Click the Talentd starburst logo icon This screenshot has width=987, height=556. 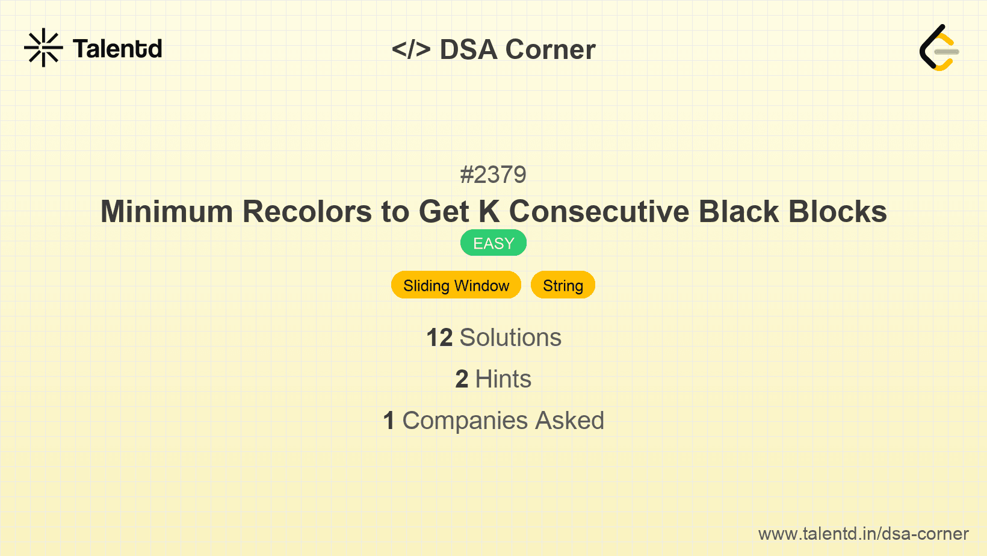(x=43, y=48)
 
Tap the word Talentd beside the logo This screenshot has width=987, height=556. (x=117, y=49)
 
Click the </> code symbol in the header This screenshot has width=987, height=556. (x=411, y=49)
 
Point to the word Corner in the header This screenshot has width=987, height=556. (x=551, y=49)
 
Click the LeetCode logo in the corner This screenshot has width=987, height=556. (x=939, y=48)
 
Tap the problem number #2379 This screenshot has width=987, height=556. (x=493, y=175)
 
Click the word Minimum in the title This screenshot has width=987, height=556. (x=167, y=212)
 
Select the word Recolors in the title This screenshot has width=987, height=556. (x=308, y=212)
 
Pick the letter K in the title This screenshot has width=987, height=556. (x=489, y=212)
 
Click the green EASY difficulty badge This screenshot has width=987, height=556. (x=493, y=243)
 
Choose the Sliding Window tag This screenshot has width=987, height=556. (x=456, y=285)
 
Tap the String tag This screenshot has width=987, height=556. (x=563, y=285)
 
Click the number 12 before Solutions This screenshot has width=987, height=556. (x=439, y=338)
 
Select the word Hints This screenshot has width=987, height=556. (x=503, y=379)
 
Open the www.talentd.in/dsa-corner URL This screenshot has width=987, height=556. (x=863, y=534)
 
